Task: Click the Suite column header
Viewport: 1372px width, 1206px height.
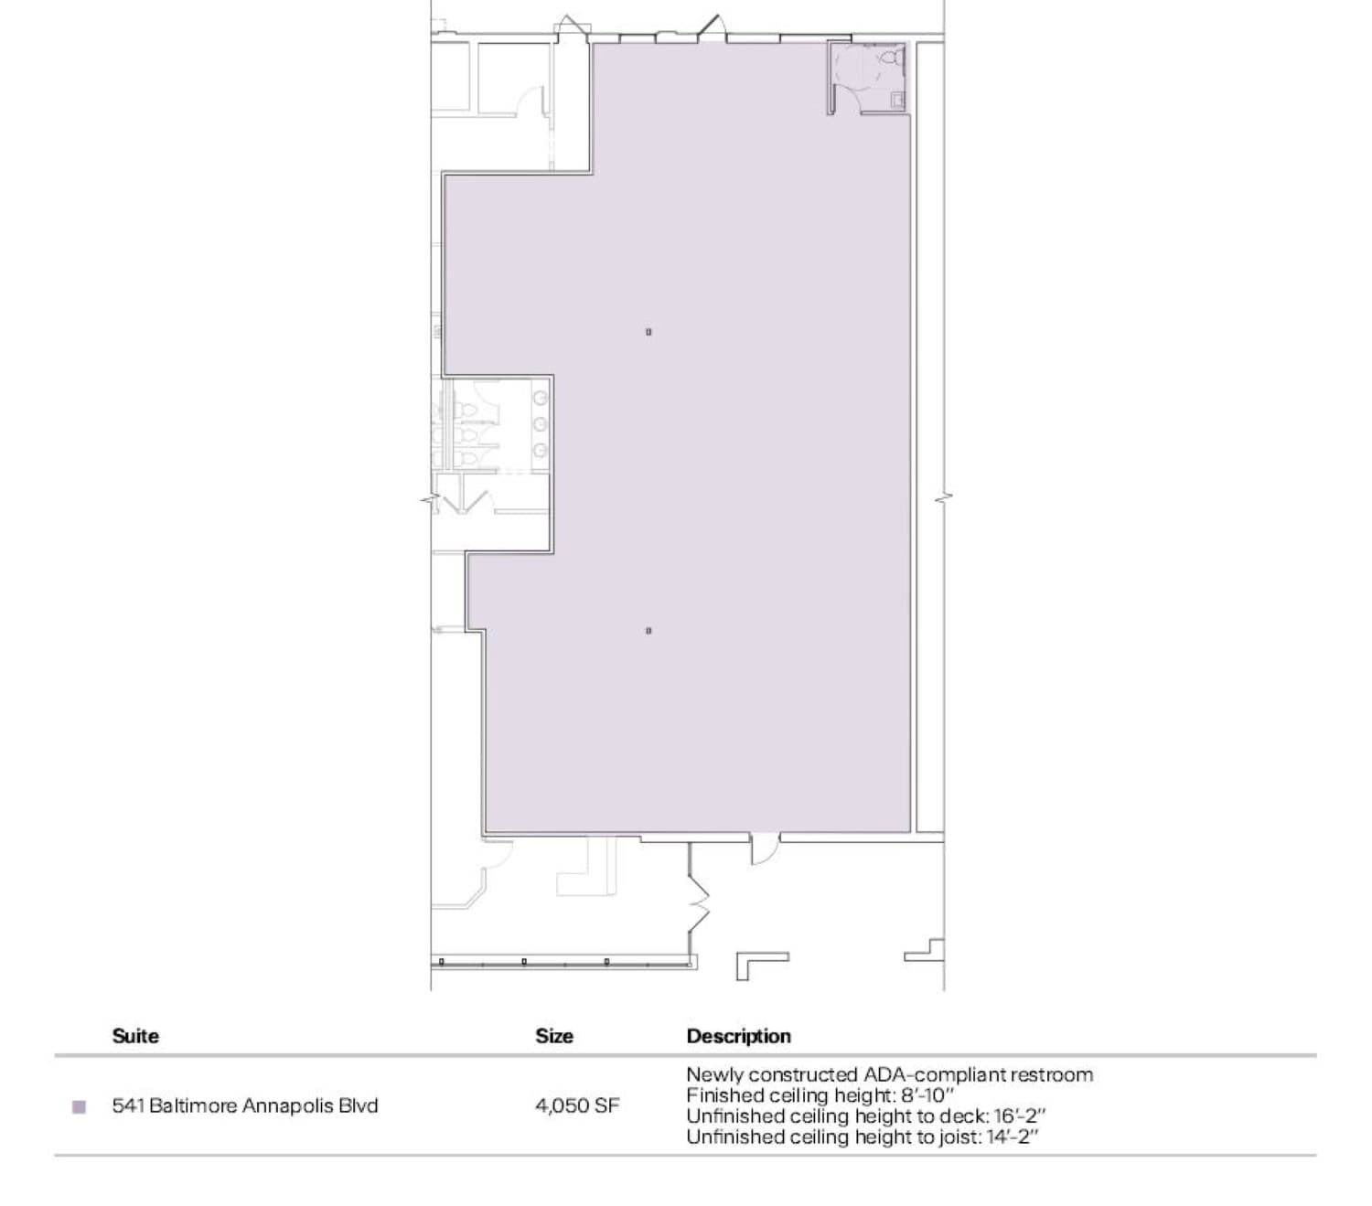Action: click(135, 1036)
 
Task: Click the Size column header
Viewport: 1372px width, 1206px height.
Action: click(554, 1036)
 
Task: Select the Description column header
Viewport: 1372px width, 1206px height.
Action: click(738, 1036)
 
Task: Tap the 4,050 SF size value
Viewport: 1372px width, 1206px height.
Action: click(577, 1105)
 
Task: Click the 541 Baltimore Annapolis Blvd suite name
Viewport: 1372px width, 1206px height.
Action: click(244, 1105)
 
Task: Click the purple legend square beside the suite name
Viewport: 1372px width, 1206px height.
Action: click(79, 1107)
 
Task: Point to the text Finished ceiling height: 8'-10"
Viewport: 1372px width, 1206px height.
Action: click(820, 1095)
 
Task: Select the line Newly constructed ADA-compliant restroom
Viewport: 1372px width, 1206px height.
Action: click(889, 1074)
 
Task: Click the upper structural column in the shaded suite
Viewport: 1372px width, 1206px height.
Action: click(648, 332)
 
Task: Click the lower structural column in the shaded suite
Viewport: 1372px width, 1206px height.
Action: click(648, 631)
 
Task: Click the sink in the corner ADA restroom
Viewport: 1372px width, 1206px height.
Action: click(897, 99)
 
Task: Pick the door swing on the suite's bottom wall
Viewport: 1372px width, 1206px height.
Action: click(764, 849)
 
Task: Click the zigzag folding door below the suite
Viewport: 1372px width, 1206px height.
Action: click(698, 901)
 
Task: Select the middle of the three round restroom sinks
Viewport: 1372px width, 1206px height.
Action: click(541, 423)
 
